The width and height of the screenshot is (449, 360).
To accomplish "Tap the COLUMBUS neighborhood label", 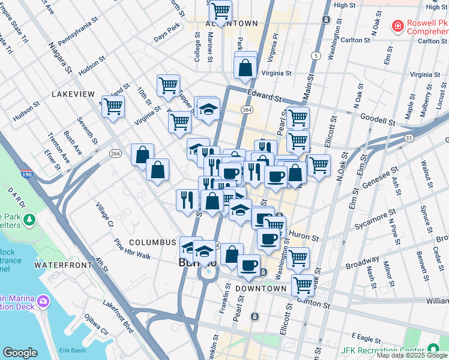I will click(x=152, y=242).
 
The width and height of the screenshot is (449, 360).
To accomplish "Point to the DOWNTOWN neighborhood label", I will click(x=261, y=289).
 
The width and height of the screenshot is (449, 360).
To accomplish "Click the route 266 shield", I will click(x=116, y=154).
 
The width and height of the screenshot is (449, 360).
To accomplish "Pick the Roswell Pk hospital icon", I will click(x=396, y=26).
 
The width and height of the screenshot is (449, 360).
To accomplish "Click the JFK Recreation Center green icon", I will click(x=433, y=350).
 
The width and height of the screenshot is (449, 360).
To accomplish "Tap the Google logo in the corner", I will click(x=20, y=353).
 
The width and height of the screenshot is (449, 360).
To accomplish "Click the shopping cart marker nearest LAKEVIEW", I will click(x=112, y=107).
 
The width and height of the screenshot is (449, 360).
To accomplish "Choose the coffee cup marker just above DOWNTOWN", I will click(x=249, y=265).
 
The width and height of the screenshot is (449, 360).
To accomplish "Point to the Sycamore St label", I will click(x=376, y=215).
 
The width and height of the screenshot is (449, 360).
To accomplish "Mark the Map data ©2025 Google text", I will click(x=412, y=355).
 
